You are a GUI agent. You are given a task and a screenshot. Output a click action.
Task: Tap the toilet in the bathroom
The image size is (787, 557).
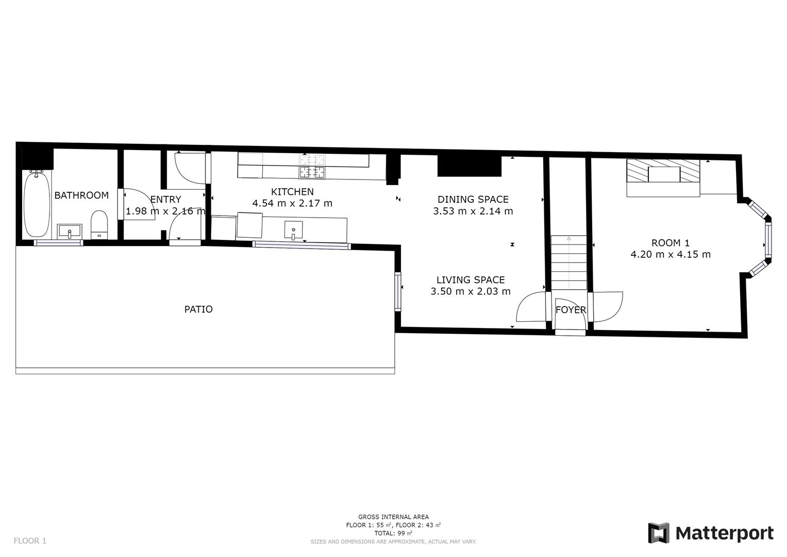[x=99, y=224]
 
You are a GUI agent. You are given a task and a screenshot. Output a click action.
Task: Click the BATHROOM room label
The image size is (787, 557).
[x=81, y=195]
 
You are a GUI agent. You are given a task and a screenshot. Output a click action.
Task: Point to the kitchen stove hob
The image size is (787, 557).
[x=312, y=166]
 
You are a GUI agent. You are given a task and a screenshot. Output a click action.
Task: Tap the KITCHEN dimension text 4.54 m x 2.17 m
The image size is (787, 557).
[x=292, y=203]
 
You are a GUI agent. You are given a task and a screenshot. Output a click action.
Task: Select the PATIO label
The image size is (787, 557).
[x=198, y=309]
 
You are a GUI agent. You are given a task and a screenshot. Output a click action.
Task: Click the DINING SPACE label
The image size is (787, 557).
[x=473, y=199]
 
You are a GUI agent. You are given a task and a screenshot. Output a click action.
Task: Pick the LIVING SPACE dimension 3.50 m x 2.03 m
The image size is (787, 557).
[x=470, y=291]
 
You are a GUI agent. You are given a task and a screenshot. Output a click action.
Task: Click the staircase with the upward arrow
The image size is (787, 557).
[x=568, y=263]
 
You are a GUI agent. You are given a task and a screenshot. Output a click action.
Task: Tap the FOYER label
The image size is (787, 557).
[x=571, y=310]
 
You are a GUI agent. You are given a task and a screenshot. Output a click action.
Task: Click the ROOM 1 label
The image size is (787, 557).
[x=670, y=243]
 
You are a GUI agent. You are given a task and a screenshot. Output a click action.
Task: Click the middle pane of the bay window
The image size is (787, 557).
[x=768, y=240]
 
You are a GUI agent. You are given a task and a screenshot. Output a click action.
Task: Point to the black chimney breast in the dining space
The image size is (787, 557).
[x=469, y=166]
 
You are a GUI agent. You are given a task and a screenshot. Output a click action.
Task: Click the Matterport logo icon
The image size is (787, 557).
[x=658, y=533]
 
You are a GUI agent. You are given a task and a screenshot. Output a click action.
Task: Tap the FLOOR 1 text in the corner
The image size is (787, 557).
[x=30, y=540]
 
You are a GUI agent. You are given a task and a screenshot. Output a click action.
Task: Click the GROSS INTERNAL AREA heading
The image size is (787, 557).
[x=393, y=517]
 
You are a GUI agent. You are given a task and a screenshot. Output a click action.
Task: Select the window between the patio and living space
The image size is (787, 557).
[x=398, y=291]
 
